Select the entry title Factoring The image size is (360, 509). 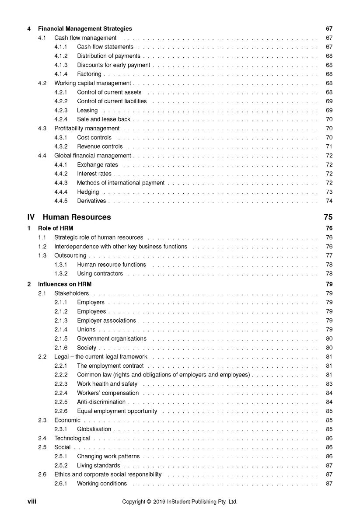[89, 74]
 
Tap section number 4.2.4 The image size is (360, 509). [61, 119]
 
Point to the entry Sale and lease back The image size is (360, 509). [103, 119]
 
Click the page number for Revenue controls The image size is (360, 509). [329, 146]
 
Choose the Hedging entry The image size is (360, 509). [88, 192]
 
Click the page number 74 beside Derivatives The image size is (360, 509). [329, 201]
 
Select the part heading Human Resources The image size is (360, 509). [77, 217]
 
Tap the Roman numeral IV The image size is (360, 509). [31, 217]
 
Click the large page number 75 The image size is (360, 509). [328, 217]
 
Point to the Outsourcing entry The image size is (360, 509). [70, 256]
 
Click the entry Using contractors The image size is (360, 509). [100, 274]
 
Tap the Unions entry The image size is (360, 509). [86, 330]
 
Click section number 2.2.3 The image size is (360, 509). [61, 384]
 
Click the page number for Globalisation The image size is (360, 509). [329, 429]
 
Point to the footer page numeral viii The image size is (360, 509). [31, 502]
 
